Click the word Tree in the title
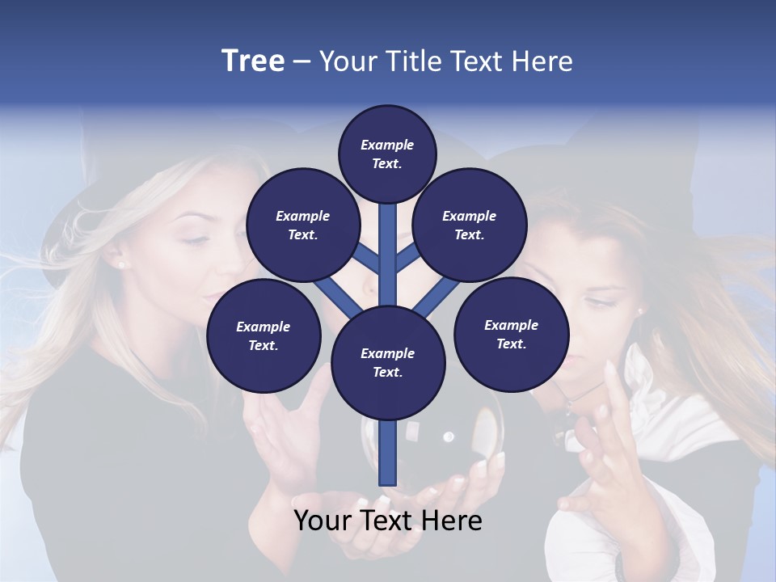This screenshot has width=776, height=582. pyautogui.click(x=253, y=61)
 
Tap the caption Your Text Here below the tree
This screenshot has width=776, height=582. pyautogui.click(x=388, y=521)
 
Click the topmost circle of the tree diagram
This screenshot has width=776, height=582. pyautogui.click(x=387, y=154)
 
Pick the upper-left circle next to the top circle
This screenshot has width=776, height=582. pyautogui.click(x=302, y=225)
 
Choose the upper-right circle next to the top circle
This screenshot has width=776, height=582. pyautogui.click(x=470, y=225)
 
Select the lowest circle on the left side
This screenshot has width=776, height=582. pyautogui.click(x=264, y=335)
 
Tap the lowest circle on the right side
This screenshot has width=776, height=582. pyautogui.click(x=511, y=334)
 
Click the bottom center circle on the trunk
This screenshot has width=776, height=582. pyautogui.click(x=387, y=362)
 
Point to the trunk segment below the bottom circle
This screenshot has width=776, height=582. pyautogui.click(x=388, y=453)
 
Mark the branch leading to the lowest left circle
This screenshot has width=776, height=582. pyautogui.click(x=335, y=295)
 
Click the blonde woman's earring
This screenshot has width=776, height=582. pyautogui.click(x=122, y=264)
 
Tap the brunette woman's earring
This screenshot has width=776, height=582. pyautogui.click(x=641, y=310)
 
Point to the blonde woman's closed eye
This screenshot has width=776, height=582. pyautogui.click(x=193, y=238)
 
